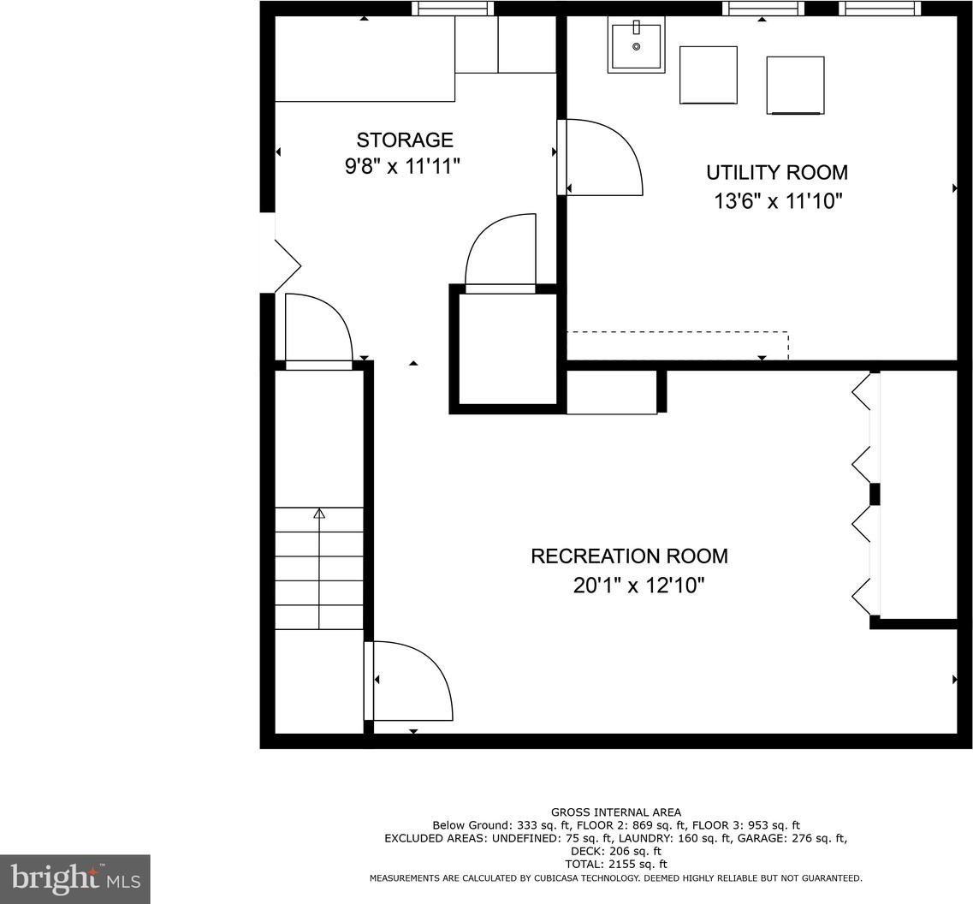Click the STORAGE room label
[405, 140]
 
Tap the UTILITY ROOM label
[777, 172]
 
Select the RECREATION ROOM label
[629, 556]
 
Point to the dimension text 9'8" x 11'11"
[403, 166]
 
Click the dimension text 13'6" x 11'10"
[778, 201]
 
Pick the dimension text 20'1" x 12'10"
[639, 586]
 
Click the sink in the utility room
[636, 45]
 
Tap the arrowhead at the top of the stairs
[319, 513]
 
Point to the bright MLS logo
[75, 879]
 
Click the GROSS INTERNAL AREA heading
[615, 812]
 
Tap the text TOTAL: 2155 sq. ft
[615, 865]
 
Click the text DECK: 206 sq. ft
[615, 851]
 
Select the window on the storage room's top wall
[453, 8]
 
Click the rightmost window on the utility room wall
[880, 8]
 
